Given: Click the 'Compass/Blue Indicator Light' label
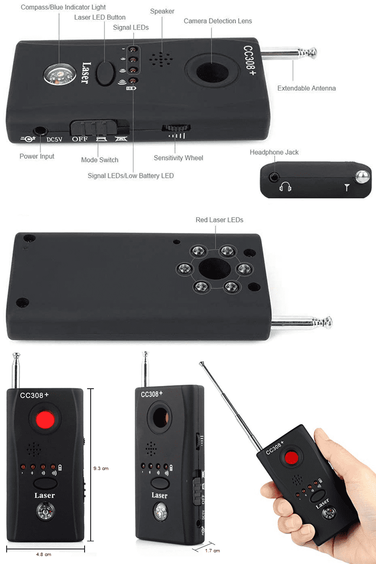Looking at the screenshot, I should pyautogui.click(x=63, y=8).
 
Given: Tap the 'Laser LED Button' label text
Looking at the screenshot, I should pyautogui.click(x=100, y=17).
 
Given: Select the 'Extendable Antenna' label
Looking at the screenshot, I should pyautogui.click(x=306, y=88).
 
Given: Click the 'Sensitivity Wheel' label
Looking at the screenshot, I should pyautogui.click(x=179, y=158).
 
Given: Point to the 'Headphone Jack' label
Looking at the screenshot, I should pyautogui.click(x=274, y=152).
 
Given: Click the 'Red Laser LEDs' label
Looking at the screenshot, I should pyautogui.click(x=219, y=220).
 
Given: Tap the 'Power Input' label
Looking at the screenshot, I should pyautogui.click(x=37, y=156).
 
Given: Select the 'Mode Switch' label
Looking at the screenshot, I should pyautogui.click(x=100, y=160).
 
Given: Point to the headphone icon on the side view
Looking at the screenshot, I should pyautogui.click(x=285, y=187).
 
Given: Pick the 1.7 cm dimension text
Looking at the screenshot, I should pyautogui.click(x=212, y=550).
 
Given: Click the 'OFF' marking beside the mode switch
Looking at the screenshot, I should pyautogui.click(x=79, y=139).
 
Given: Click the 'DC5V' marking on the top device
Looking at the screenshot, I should pyautogui.click(x=55, y=139).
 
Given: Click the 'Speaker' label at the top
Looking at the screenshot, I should pyautogui.click(x=162, y=11).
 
